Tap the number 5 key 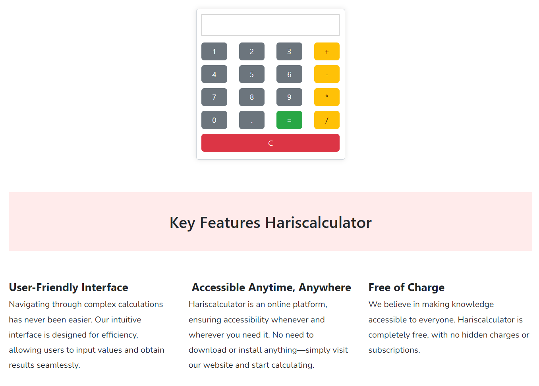coord(251,74)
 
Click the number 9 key coord(289,97)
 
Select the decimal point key coord(251,120)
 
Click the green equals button coord(289,120)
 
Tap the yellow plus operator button coord(326,52)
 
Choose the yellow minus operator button coord(326,74)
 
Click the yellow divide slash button coord(326,120)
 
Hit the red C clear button coord(270,143)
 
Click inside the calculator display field coord(270,25)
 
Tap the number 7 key coord(214,97)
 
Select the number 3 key coord(289,52)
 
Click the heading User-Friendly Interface coord(68,287)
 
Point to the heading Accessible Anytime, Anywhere coord(271,287)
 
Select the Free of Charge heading coord(406,287)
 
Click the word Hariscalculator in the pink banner coord(318,223)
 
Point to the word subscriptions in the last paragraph coord(393,350)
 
